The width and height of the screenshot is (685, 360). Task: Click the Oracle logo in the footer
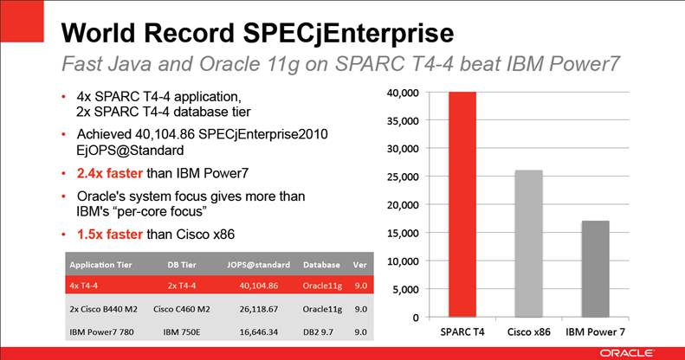(640, 352)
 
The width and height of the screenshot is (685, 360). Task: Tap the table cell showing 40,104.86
(259, 284)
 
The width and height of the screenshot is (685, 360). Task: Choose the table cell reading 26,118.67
(259, 307)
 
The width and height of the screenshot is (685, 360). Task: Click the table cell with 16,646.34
(259, 331)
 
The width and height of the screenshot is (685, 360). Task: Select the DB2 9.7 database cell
(321, 331)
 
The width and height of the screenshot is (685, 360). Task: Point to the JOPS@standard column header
(259, 264)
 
